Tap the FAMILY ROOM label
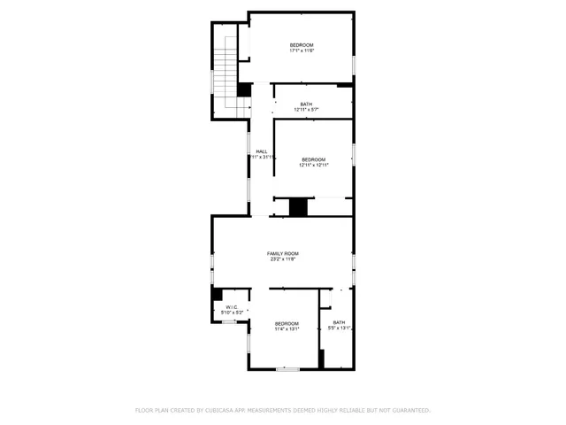click(x=283, y=253)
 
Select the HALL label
click(x=262, y=151)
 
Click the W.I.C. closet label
click(x=231, y=307)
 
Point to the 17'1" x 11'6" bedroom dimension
click(x=302, y=50)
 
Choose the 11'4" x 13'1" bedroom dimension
click(x=287, y=328)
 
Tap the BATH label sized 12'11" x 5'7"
click(x=306, y=104)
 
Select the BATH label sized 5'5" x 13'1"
click(x=339, y=322)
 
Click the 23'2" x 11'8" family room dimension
click(x=283, y=259)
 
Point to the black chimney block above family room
click(x=299, y=207)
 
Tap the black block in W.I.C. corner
click(x=216, y=295)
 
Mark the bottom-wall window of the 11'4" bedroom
click(x=287, y=368)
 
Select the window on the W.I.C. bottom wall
click(x=227, y=322)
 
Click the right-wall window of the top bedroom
click(x=354, y=65)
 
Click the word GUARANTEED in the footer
click(x=409, y=410)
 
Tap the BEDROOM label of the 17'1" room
click(x=302, y=44)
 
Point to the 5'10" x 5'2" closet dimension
click(x=231, y=313)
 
